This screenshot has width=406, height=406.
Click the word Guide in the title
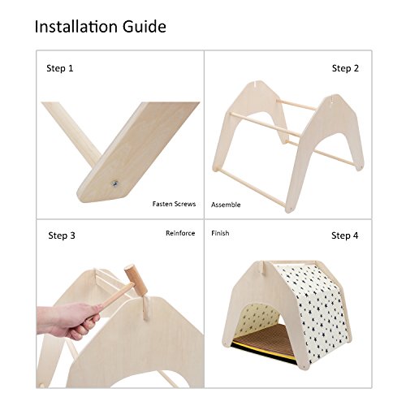(x=145, y=27)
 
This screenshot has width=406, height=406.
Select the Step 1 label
(x=60, y=68)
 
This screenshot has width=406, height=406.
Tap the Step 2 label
(x=345, y=68)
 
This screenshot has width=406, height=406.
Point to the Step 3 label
(x=62, y=235)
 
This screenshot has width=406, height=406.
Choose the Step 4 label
(x=345, y=235)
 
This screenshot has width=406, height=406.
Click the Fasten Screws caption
(x=174, y=204)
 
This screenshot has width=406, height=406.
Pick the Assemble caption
(x=226, y=205)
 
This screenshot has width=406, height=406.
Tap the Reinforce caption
(x=180, y=233)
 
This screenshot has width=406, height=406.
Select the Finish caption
(x=220, y=233)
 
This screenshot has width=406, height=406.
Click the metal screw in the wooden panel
(x=114, y=184)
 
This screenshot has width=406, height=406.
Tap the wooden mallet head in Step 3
(x=136, y=280)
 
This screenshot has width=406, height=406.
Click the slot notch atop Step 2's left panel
(x=255, y=84)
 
